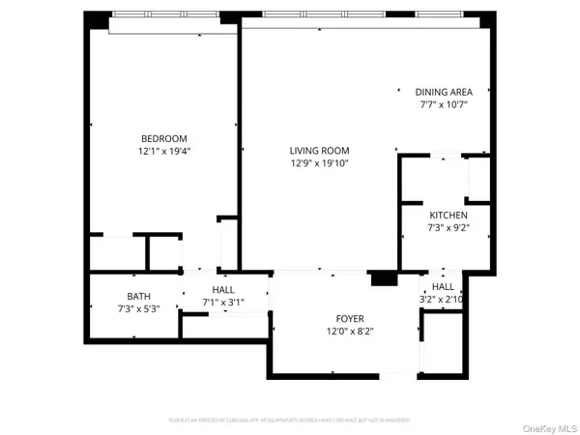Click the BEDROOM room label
click(163, 138)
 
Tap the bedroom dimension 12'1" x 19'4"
click(163, 151)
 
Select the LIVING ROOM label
click(319, 150)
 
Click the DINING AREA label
click(444, 92)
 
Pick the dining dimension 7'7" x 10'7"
click(444, 104)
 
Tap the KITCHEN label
click(449, 215)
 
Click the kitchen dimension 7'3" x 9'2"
click(449, 227)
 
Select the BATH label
click(138, 296)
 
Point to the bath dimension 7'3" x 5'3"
click(138, 308)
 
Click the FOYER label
click(349, 318)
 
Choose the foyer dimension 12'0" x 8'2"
click(349, 331)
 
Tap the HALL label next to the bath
click(222, 289)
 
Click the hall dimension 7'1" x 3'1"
click(222, 302)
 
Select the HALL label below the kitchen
click(443, 287)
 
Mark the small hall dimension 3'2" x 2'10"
click(443, 300)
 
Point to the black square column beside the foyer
click(385, 278)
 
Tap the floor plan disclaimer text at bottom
click(290, 420)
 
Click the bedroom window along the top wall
click(172, 16)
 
